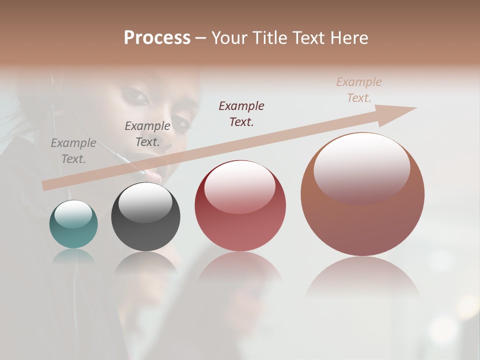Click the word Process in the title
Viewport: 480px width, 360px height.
click(x=157, y=38)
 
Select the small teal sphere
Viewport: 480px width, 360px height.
click(x=73, y=224)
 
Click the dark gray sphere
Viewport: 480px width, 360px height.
click(x=145, y=217)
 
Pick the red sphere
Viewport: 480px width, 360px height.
click(x=240, y=206)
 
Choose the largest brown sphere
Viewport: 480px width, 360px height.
click(x=362, y=194)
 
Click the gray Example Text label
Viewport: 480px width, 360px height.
click(x=73, y=151)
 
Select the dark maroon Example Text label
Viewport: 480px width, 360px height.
click(x=241, y=113)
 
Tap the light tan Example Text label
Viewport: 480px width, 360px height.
click(x=359, y=90)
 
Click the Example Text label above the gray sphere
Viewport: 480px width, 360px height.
click(x=147, y=134)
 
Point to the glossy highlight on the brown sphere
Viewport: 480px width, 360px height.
click(x=361, y=167)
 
